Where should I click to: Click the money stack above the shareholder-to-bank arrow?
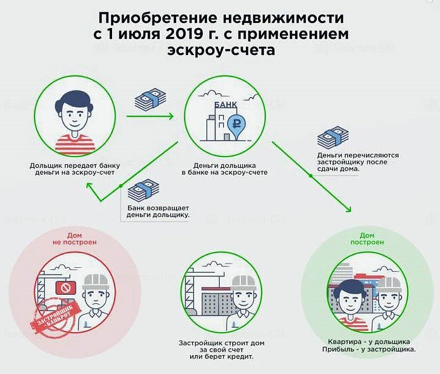point(150,100)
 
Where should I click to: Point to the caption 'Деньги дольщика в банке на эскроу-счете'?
point(225,169)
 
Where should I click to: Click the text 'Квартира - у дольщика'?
point(369,342)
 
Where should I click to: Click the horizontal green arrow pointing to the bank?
point(149,116)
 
